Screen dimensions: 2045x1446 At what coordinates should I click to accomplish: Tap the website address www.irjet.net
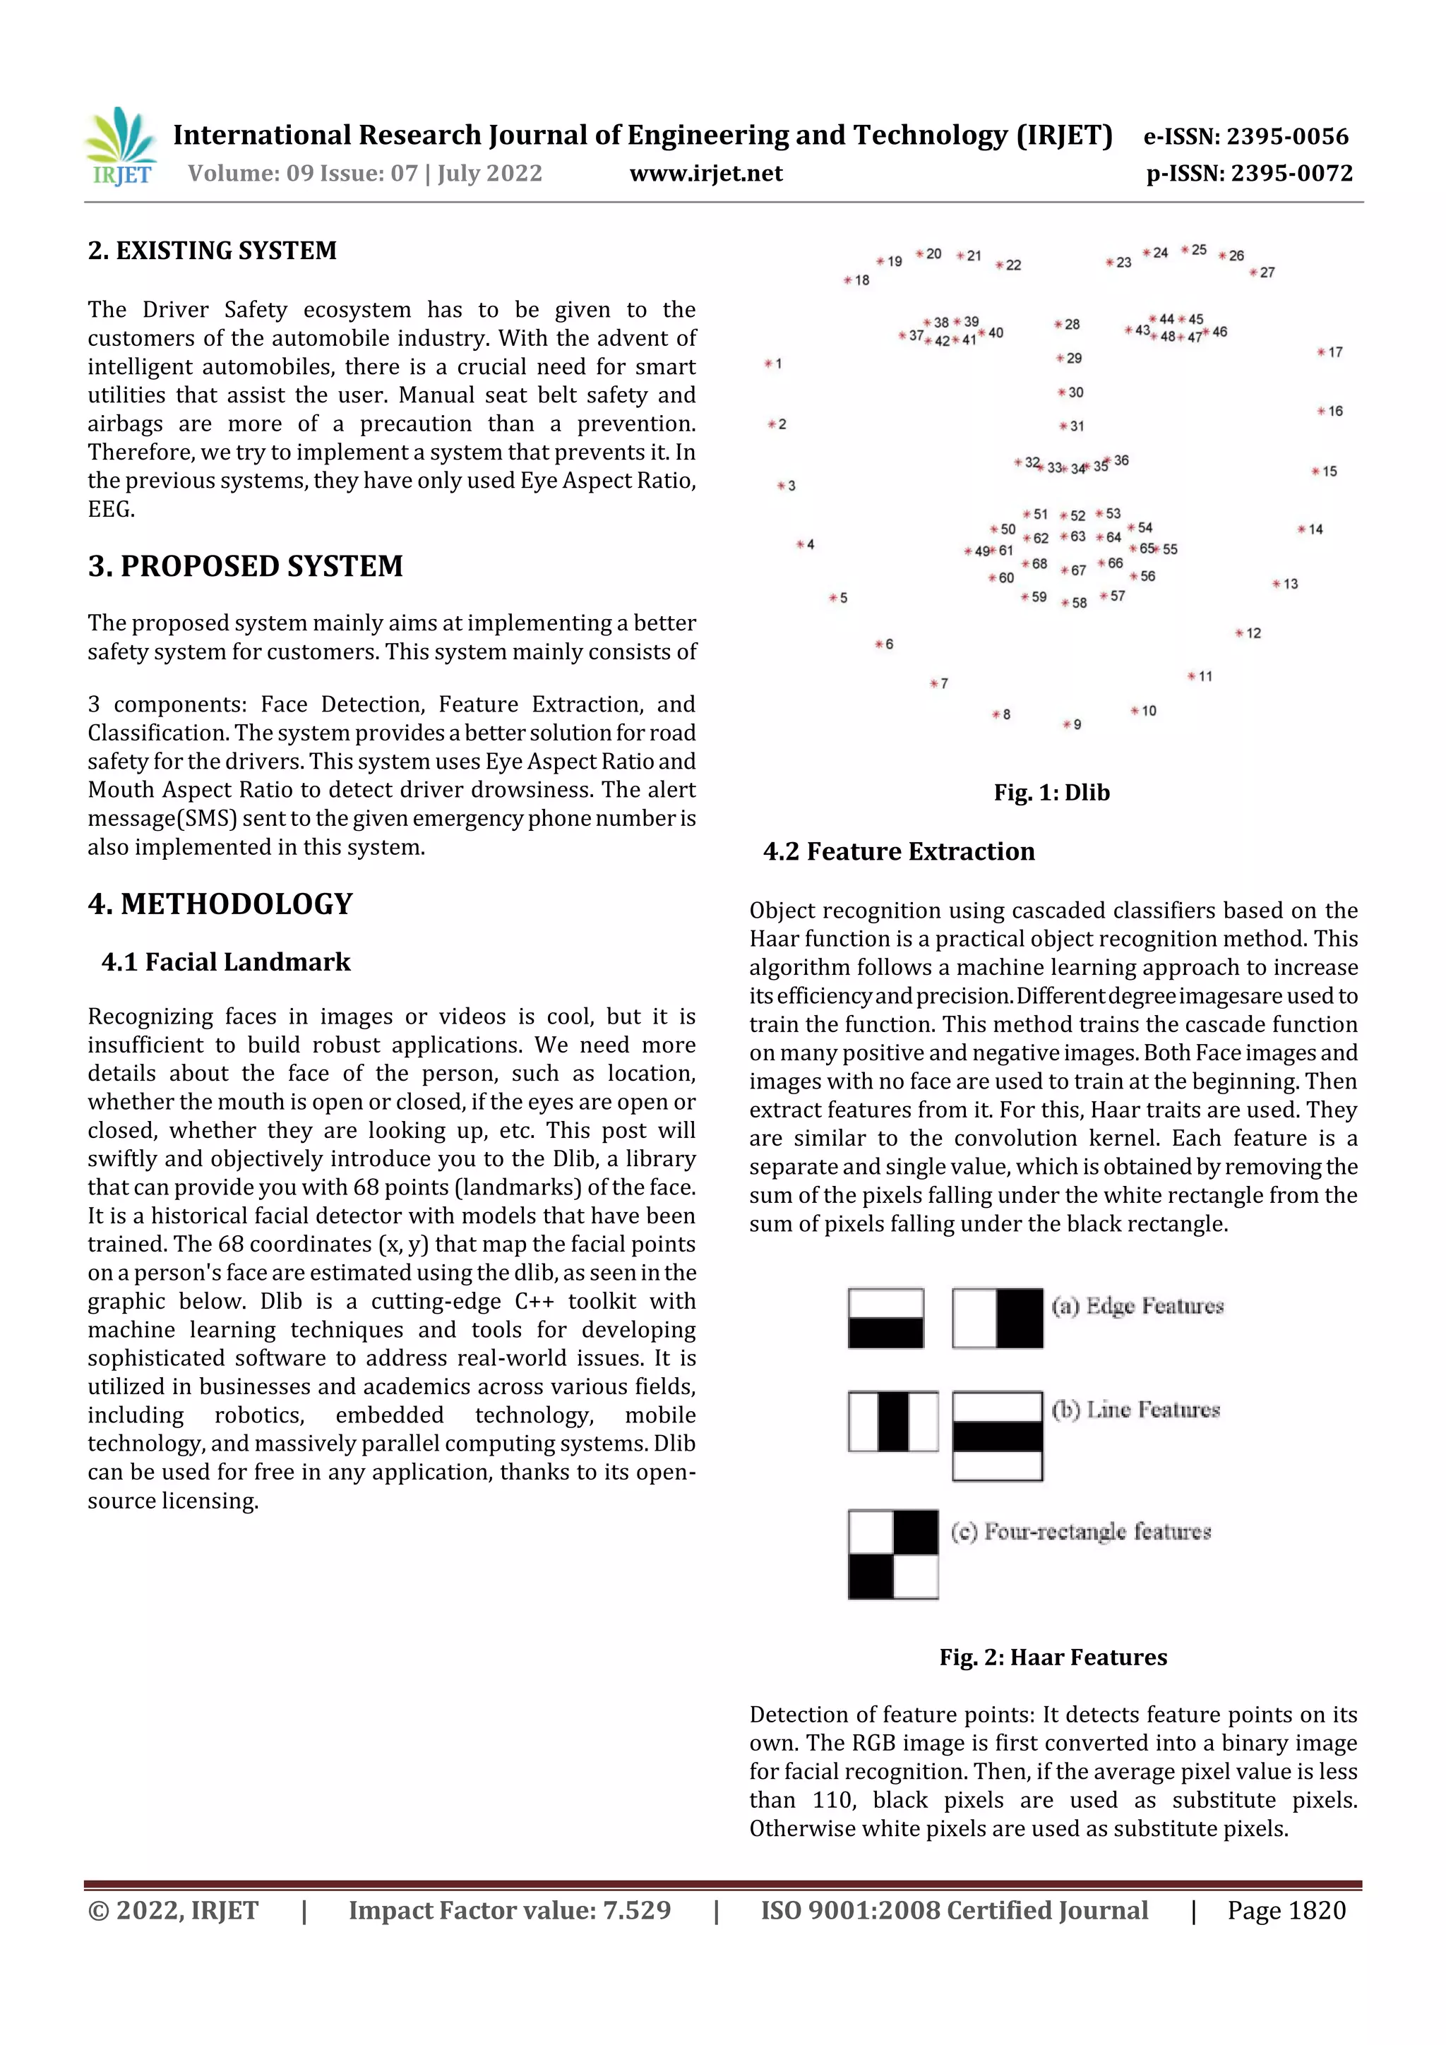point(705,174)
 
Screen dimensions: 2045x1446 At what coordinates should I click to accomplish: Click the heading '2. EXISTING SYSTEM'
point(212,251)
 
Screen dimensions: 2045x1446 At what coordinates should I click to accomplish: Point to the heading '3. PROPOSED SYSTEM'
point(245,566)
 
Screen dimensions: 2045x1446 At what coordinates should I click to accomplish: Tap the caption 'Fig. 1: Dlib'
point(1051,793)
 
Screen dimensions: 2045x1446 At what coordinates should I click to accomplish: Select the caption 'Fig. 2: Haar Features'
point(1052,1657)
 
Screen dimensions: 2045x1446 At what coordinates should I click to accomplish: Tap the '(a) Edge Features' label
point(1137,1306)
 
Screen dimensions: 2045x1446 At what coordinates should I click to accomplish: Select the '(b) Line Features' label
point(1135,1410)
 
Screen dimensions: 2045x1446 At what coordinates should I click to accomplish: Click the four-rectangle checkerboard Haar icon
point(892,1554)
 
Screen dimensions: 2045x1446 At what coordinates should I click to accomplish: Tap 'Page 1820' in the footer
point(1286,1910)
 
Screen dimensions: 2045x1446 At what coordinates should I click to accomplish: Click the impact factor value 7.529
point(636,1910)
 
